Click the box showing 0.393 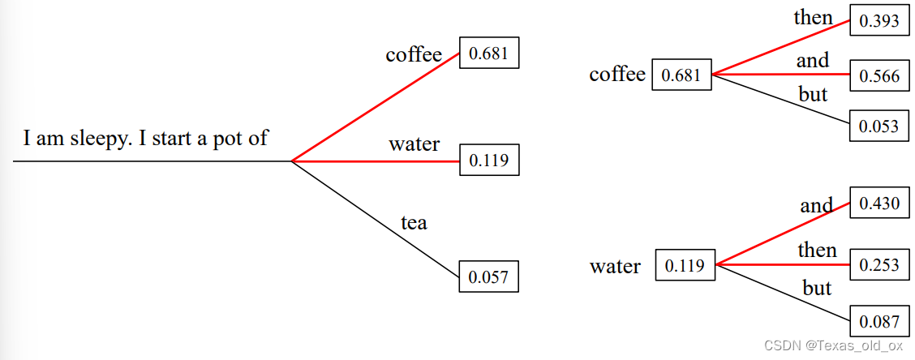[879, 20]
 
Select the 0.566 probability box [879, 76]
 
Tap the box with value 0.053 [879, 126]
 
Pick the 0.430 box [879, 203]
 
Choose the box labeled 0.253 [879, 265]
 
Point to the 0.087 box [879, 320]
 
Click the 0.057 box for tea [488, 276]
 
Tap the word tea [414, 222]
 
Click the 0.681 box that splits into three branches [681, 75]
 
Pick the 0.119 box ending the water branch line [488, 160]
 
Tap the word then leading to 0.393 [813, 17]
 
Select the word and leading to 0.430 [816, 205]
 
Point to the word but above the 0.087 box [817, 288]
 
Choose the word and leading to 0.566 [812, 60]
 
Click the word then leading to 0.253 [816, 250]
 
